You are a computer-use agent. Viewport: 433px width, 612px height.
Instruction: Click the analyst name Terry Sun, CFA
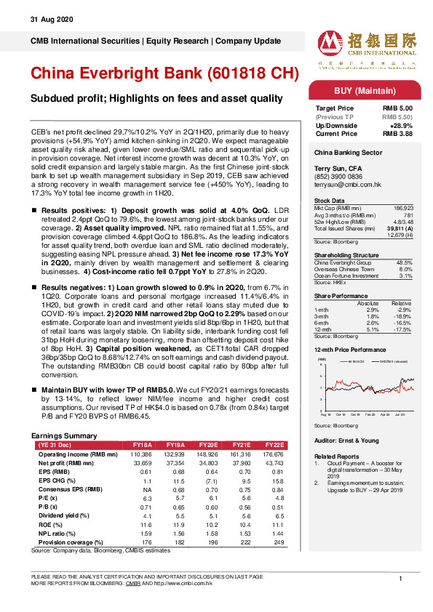coord(338,166)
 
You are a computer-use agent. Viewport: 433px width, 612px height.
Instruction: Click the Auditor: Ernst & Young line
coord(347,440)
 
